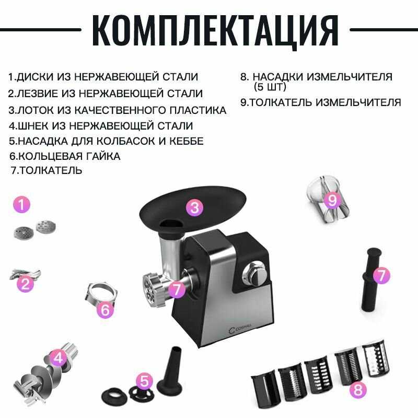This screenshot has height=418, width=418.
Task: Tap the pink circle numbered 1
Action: point(22,204)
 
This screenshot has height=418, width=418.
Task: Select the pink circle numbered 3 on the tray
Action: point(194,207)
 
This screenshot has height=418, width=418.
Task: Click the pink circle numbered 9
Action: point(332,200)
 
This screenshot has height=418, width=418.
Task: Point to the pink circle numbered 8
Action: point(358,390)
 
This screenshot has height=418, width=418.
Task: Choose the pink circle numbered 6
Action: point(106,309)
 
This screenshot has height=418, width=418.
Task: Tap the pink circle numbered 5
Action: point(144,381)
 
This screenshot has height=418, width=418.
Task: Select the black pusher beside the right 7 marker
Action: point(371,280)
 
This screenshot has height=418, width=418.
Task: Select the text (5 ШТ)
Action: point(270,87)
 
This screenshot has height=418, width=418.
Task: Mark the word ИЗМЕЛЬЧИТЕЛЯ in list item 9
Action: point(358,102)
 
